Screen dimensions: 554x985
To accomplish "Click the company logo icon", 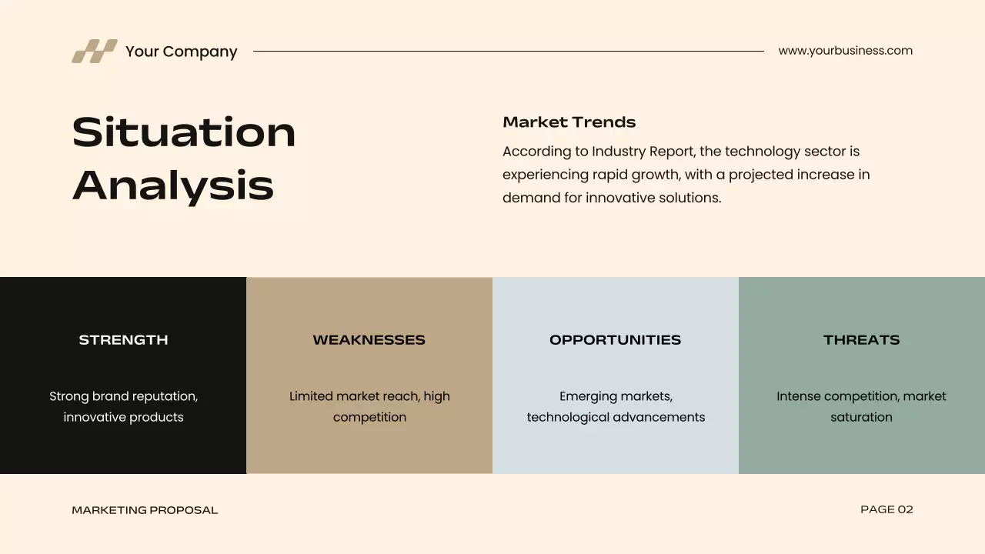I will (x=95, y=51).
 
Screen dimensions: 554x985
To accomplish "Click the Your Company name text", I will (x=181, y=52).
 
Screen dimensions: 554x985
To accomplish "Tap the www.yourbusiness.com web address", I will (x=845, y=51).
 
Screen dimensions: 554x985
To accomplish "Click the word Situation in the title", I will (x=184, y=132).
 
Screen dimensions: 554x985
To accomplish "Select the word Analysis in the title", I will (x=173, y=185).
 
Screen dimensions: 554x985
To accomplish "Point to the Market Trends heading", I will (x=569, y=122).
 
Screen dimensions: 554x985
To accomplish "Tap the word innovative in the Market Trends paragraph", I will (x=622, y=198).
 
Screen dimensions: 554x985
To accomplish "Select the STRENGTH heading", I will (x=123, y=340).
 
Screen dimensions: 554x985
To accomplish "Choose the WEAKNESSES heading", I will (x=369, y=340).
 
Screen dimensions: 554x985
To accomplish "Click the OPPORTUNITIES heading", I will (x=615, y=340).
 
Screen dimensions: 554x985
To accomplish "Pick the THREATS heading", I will (x=861, y=340).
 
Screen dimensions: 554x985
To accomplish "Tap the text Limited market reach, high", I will (x=369, y=396).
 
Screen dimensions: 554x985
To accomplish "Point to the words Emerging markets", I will (x=616, y=396).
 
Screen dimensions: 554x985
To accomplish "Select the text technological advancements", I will (x=616, y=417).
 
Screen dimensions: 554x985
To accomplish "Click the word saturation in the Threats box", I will (x=861, y=417).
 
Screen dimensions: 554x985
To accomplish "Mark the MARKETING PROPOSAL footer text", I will (x=145, y=510).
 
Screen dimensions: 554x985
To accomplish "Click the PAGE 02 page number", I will (x=886, y=509).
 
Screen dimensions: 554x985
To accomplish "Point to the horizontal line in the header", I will (x=508, y=52).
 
